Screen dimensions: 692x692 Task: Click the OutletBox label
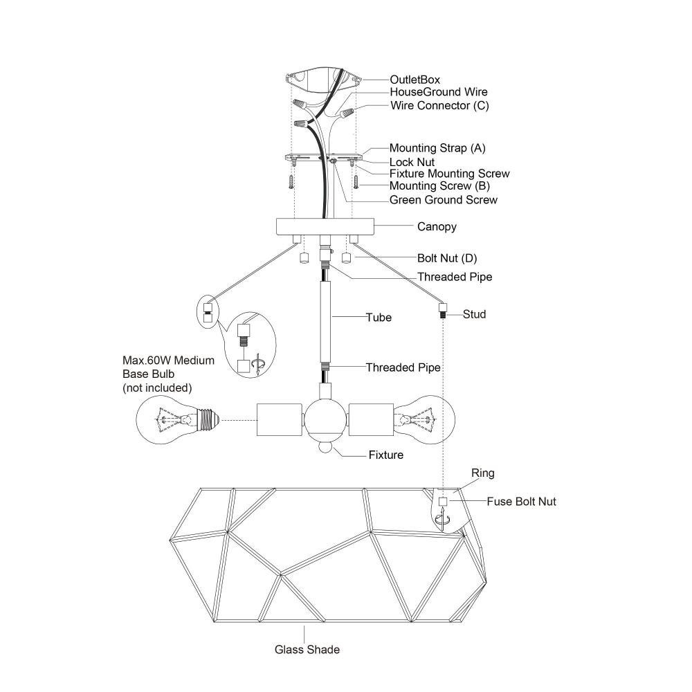click(x=415, y=80)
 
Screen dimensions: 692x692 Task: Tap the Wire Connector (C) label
click(x=439, y=106)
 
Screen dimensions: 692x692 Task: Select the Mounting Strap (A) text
click(x=437, y=148)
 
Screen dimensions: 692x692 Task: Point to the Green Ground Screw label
click(x=443, y=200)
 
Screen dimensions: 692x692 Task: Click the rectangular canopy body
click(x=325, y=226)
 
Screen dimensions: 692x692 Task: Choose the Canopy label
click(x=437, y=227)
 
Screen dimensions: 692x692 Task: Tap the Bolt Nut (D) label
click(x=447, y=258)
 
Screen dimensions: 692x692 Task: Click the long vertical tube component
click(x=325, y=322)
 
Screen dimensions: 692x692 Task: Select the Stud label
click(x=475, y=314)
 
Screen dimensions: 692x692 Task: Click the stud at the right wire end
click(x=443, y=310)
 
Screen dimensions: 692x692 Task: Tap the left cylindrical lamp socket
click(x=280, y=420)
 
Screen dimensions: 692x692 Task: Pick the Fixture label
click(x=386, y=455)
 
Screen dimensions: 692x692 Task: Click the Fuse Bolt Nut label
click(x=521, y=502)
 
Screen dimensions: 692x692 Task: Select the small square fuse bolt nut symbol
click(x=443, y=502)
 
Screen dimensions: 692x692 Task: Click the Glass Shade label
click(x=307, y=650)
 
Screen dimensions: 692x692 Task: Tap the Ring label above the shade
click(x=483, y=473)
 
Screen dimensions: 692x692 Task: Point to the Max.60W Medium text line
click(x=169, y=361)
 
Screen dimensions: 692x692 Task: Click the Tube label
click(x=379, y=318)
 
